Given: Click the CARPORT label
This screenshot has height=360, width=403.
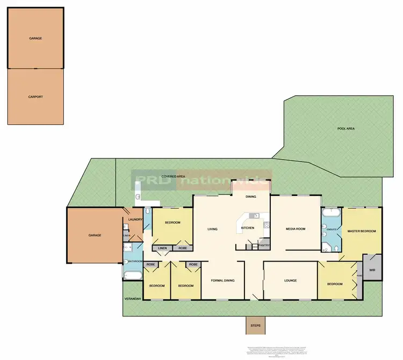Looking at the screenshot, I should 35,97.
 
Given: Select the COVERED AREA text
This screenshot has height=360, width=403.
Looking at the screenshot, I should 174,176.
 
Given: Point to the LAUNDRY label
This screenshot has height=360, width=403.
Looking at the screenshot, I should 135,219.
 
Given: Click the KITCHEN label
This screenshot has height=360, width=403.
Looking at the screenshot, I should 248,229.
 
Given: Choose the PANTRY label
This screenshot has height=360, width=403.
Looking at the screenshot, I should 264,246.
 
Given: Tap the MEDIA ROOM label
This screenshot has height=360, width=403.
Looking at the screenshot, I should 295,229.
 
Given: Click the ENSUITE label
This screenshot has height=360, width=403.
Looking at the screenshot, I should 331,230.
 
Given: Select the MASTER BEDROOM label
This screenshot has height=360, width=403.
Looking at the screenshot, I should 362,231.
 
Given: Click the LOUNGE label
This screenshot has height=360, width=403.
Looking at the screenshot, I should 290,280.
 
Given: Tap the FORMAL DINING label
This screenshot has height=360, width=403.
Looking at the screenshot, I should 222,280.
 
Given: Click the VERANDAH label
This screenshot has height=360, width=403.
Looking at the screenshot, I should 132,299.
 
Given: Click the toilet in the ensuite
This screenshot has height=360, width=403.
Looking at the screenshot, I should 334,248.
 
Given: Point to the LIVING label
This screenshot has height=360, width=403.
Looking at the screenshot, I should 212,229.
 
